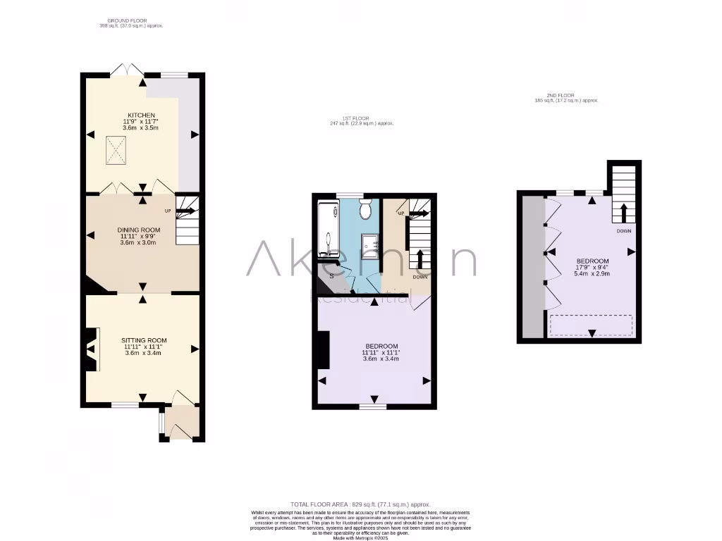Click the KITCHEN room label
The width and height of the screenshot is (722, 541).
pos(141,115)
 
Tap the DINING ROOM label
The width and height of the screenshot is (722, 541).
pos(139,230)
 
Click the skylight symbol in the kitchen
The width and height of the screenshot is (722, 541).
pos(118,148)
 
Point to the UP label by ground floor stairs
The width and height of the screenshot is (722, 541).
pos(168,211)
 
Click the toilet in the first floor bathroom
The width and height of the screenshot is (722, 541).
pos(365,210)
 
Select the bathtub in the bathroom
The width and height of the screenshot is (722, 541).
pos(328,229)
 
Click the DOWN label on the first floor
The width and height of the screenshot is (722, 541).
pos(420,277)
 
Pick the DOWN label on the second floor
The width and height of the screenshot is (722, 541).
pos(624,230)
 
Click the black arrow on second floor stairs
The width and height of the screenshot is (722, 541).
pos(624,211)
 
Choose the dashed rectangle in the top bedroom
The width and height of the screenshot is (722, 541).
pos(591,325)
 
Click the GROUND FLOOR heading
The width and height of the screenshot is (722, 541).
pos(127,20)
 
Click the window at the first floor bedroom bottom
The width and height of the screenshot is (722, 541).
pos(373,406)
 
